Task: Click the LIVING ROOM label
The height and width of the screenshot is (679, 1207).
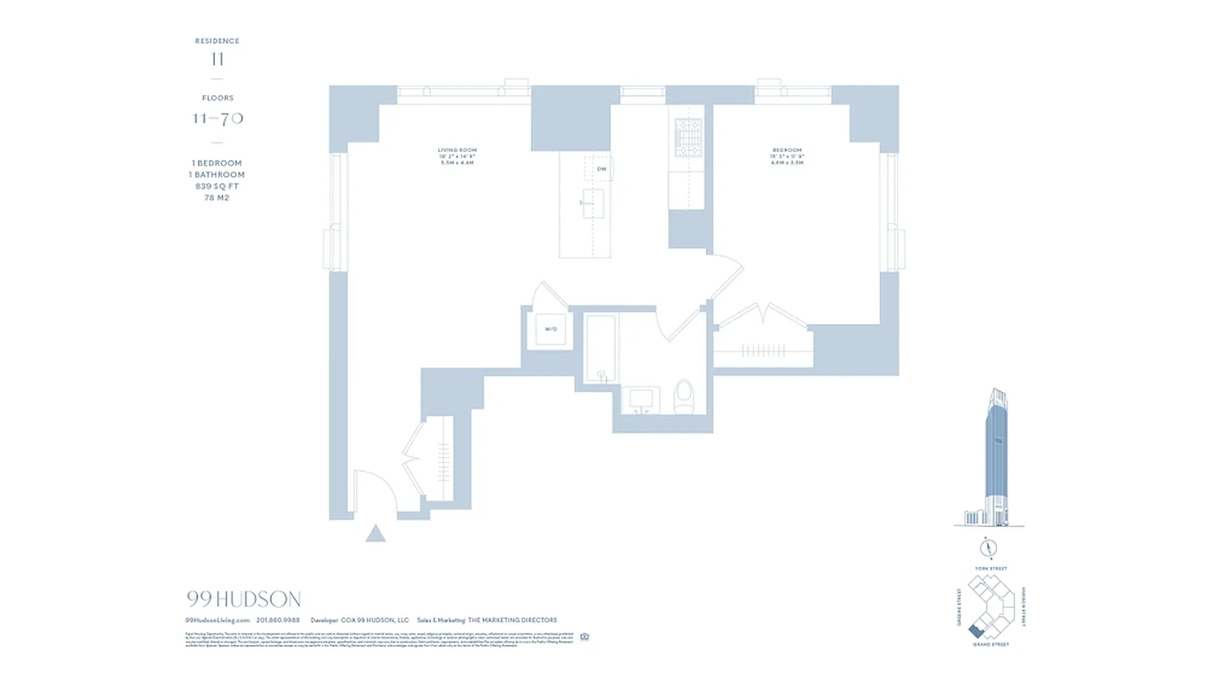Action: [457, 150]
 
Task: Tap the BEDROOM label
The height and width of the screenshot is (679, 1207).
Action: [787, 150]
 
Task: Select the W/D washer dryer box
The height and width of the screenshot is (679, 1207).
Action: [550, 328]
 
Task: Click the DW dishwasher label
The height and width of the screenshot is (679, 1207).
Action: [601, 169]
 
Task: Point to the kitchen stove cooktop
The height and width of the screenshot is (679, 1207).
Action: [686, 138]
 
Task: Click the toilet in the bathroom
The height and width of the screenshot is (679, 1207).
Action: [684, 396]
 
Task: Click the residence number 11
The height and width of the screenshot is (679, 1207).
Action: [217, 59]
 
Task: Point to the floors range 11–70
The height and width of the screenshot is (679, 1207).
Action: [217, 118]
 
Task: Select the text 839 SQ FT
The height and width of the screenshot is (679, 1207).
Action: [217, 186]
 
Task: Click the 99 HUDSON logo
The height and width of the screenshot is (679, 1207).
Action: [243, 600]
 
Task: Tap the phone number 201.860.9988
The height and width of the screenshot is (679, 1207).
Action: [278, 620]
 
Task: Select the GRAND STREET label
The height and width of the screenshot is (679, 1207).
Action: [990, 645]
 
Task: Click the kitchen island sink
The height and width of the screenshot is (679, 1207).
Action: [593, 204]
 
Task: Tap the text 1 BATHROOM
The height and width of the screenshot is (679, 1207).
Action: [217, 175]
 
